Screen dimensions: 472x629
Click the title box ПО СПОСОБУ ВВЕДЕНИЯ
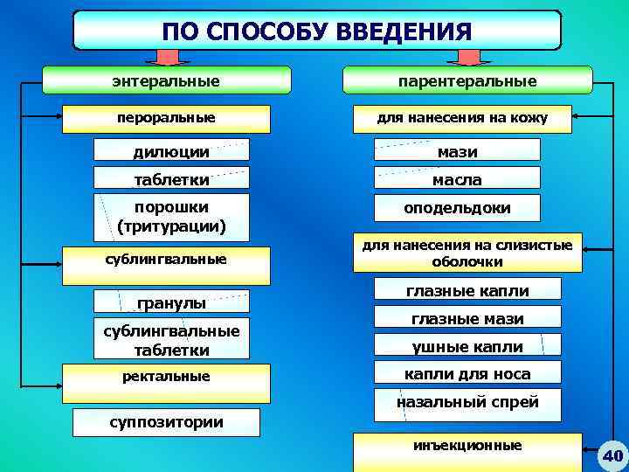click(316, 31)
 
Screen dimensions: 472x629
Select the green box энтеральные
click(166, 80)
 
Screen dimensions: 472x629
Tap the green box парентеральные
click(467, 80)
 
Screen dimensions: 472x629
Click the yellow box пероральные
click(166, 117)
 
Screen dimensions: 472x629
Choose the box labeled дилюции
click(171, 151)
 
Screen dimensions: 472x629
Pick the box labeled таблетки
click(171, 179)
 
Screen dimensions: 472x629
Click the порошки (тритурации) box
click(171, 217)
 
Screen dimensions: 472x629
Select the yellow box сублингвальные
click(166, 259)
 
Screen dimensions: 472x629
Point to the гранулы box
click(171, 302)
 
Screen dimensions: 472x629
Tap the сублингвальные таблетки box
click(171, 340)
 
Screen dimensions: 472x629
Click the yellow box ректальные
click(166, 377)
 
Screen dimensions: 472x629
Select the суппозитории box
click(166, 422)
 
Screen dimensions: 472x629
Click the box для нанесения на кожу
click(462, 117)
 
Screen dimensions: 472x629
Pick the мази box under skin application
click(457, 151)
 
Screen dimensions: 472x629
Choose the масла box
click(457, 179)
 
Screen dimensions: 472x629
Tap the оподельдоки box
click(457, 208)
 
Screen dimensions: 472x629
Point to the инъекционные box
click(467, 447)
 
